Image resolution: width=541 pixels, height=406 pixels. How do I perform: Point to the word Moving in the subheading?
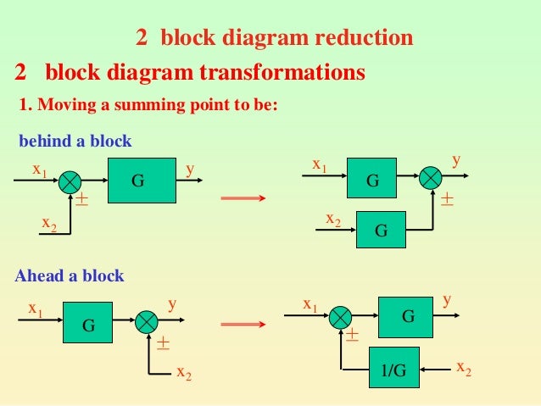coord(61,105)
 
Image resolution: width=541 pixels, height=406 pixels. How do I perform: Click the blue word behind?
coord(42,140)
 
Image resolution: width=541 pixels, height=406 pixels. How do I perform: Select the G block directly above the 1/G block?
coord(408,317)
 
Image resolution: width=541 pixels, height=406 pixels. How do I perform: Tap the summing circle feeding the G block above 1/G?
coord(341,317)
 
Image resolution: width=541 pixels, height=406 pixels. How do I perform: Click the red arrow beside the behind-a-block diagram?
coord(244,199)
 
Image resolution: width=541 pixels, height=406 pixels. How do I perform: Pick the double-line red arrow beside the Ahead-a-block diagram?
coord(244,325)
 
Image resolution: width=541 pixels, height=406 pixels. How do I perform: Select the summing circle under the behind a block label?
coord(71,181)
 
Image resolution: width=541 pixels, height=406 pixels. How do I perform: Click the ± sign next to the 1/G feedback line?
coord(352,336)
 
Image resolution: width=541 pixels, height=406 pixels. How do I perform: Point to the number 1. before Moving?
coord(24,105)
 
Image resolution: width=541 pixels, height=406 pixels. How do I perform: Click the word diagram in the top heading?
coord(273,38)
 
